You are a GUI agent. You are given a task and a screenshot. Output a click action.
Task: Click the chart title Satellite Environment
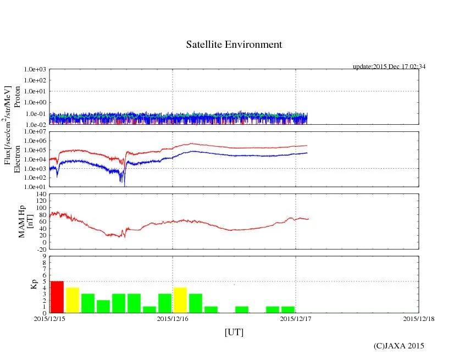[234, 45]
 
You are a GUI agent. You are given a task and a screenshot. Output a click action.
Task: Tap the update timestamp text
[389, 67]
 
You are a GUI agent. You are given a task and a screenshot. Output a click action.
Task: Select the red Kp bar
[57, 297]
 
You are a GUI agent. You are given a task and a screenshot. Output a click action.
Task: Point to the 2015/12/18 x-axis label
[419, 318]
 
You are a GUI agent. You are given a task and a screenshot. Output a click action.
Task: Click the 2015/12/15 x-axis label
[49, 318]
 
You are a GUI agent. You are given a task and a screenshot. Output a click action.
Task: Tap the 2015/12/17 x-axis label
[296, 318]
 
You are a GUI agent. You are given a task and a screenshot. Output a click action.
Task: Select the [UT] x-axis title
[234, 333]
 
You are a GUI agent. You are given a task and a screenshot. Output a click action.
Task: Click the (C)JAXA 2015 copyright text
[399, 346]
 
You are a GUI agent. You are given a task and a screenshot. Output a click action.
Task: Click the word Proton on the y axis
[17, 97]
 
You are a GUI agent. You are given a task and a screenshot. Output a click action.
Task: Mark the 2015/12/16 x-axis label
[173, 318]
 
